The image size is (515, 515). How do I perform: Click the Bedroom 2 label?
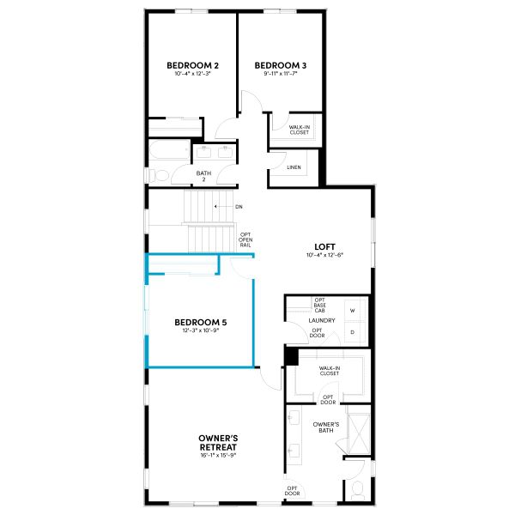193,65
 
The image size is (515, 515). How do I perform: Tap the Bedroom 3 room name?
281,65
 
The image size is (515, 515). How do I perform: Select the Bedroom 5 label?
200,323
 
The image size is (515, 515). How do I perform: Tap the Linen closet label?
294,167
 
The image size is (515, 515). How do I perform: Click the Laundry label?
320,321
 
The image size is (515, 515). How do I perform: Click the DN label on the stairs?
239,207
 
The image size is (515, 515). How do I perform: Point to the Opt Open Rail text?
245,240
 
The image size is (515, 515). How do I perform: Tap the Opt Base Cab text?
320,305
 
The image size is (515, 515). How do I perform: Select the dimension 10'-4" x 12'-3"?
193,75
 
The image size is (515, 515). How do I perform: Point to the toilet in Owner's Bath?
358,490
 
